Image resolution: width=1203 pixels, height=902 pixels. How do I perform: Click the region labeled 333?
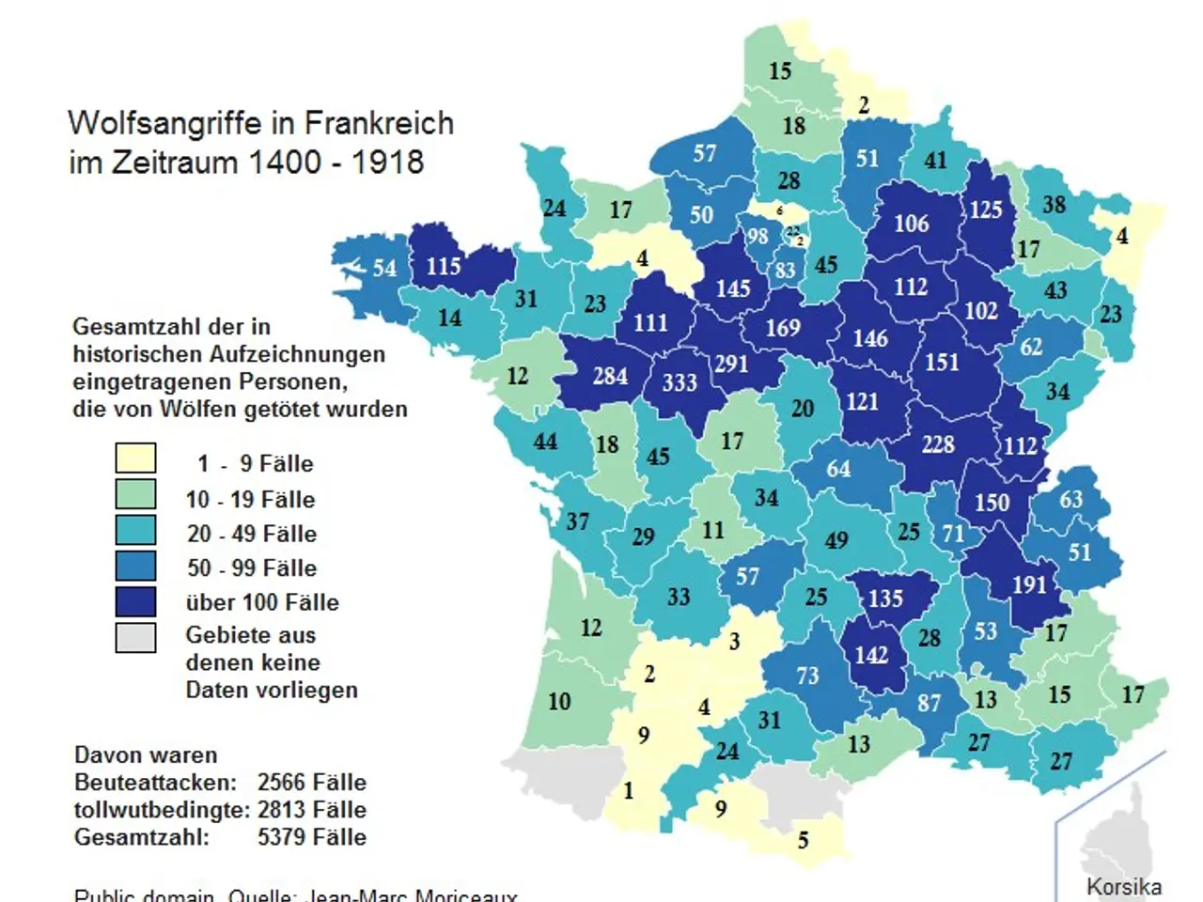[x=679, y=382]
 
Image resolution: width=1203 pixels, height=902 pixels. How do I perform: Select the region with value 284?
[x=610, y=376]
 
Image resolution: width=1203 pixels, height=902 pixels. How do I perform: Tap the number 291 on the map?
[x=731, y=363]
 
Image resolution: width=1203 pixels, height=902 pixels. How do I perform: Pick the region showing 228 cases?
[x=937, y=443]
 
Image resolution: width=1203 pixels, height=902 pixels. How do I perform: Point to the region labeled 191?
[x=1029, y=584]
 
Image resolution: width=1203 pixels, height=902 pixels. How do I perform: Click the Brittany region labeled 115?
[x=444, y=266]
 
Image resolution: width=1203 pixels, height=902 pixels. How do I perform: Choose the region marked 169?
[x=783, y=327]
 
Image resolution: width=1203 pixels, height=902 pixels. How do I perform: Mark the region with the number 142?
[x=871, y=654]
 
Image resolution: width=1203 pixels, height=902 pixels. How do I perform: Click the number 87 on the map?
[x=929, y=703]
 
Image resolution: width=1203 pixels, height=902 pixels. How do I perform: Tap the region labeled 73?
[x=807, y=675]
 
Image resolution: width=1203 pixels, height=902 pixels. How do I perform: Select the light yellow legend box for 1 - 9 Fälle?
[x=135, y=459]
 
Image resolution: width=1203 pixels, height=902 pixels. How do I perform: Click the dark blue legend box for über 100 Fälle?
[x=135, y=601]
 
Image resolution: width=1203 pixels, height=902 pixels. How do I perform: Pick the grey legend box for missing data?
[x=135, y=637]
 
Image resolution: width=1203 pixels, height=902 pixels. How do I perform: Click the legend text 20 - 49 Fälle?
[x=252, y=534]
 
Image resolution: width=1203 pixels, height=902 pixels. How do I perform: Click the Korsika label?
[x=1123, y=886]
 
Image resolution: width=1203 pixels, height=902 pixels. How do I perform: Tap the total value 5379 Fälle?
[x=312, y=836]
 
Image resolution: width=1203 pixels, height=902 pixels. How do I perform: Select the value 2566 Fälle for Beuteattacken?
[x=312, y=782]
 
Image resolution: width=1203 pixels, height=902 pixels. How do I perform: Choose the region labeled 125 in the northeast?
[x=986, y=209]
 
